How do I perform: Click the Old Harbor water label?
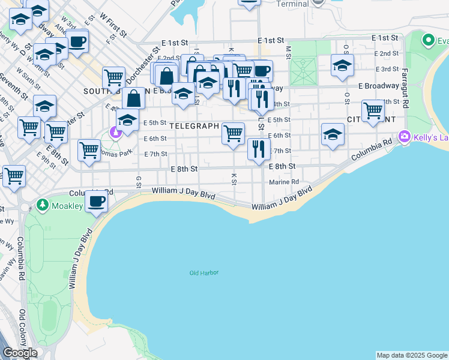pyautogui.click(x=204, y=273)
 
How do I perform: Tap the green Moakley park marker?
pyautogui.click(x=43, y=205)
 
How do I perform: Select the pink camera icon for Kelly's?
pyautogui.click(x=405, y=137)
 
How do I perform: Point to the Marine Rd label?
pyautogui.click(x=284, y=182)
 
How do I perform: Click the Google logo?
pyautogui.click(x=20, y=353)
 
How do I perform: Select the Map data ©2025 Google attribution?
pyautogui.click(x=412, y=355)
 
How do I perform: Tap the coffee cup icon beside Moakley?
pyautogui.click(x=96, y=201)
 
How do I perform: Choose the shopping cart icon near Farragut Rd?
pyautogui.click(x=373, y=111)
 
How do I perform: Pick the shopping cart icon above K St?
pyautogui.click(x=233, y=133)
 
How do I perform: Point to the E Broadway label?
pyautogui.click(x=379, y=86)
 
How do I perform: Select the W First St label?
pyautogui.click(x=113, y=25)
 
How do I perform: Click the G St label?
pyautogui.click(x=139, y=181)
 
